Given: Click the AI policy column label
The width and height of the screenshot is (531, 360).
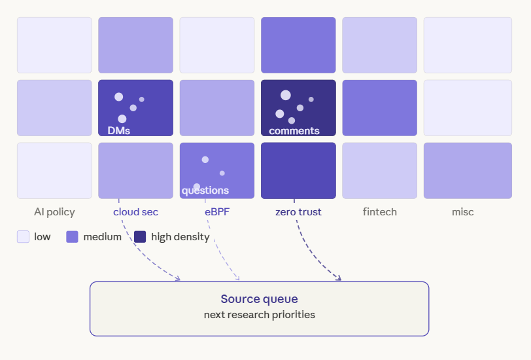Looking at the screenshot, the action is pyautogui.click(x=54, y=212).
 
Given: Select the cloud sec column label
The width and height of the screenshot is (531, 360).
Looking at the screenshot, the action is pyautogui.click(x=135, y=212).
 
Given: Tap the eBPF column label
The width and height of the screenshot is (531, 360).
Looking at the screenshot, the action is pyautogui.click(x=217, y=212).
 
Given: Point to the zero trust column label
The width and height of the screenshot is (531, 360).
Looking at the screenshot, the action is pyautogui.click(x=298, y=212).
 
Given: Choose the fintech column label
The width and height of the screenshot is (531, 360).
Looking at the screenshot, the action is pyautogui.click(x=380, y=212).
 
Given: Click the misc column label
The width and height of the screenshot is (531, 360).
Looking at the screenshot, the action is pyautogui.click(x=462, y=212).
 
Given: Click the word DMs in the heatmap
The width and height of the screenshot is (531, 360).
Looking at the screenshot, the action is pyautogui.click(x=119, y=130).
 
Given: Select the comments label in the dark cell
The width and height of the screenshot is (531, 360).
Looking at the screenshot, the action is pyautogui.click(x=294, y=131).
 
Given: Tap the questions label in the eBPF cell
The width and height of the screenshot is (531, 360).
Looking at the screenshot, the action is pyautogui.click(x=205, y=190).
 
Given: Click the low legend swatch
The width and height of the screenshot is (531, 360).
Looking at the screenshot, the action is pyautogui.click(x=23, y=236).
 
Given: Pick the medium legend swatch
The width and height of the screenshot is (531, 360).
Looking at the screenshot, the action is pyautogui.click(x=72, y=236).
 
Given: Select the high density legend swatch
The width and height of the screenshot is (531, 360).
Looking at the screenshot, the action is pyautogui.click(x=140, y=236).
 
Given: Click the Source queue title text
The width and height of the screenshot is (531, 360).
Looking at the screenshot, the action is pyautogui.click(x=260, y=299).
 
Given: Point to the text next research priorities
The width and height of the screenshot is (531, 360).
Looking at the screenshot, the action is pyautogui.click(x=260, y=315).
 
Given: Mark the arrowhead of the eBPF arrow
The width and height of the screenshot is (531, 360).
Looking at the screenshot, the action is pyautogui.click(x=238, y=278).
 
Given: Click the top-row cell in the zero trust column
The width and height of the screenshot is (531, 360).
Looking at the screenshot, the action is pyautogui.click(x=298, y=45).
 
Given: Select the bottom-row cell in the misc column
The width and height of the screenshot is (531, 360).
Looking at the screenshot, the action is pyautogui.click(x=468, y=170).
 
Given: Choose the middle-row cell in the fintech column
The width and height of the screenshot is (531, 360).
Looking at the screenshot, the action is pyautogui.click(x=380, y=108).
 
